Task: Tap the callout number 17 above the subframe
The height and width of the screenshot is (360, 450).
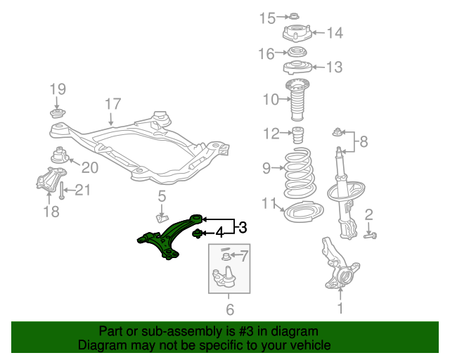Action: tap(113, 104)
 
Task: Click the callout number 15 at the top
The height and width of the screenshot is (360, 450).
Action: tap(267, 18)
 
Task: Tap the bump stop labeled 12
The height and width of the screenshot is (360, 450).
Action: tap(300, 135)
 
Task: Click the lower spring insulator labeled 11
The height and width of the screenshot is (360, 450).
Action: tap(302, 210)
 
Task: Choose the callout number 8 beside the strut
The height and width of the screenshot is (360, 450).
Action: tap(363, 142)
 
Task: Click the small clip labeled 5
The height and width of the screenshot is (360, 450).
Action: tap(161, 215)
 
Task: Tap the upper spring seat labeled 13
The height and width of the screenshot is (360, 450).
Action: tap(298, 67)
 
